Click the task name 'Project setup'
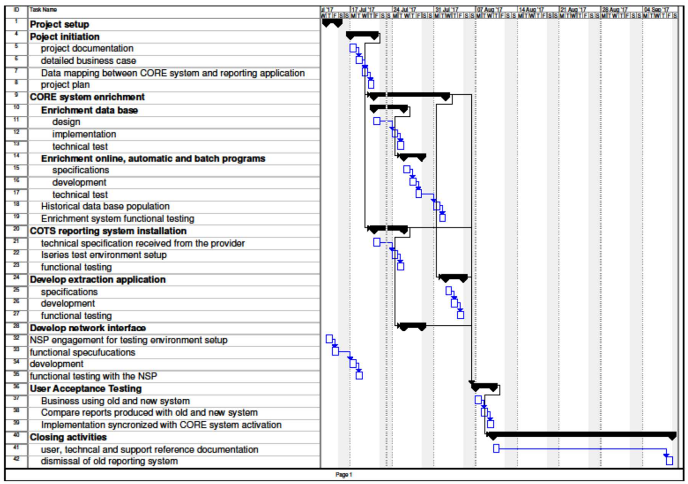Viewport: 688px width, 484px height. click(x=59, y=25)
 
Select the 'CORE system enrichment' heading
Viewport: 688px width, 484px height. click(x=87, y=97)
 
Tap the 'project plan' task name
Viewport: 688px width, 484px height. click(x=65, y=85)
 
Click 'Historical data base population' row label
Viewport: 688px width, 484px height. click(x=105, y=207)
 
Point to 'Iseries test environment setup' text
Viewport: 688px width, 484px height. click(x=104, y=255)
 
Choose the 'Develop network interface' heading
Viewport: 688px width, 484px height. click(x=87, y=328)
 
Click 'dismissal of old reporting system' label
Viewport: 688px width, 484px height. click(x=109, y=462)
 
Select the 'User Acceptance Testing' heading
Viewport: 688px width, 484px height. click(x=86, y=389)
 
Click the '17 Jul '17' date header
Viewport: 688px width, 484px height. click(x=363, y=10)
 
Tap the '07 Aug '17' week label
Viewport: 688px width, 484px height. click(x=489, y=10)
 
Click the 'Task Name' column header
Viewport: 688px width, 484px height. click(x=43, y=10)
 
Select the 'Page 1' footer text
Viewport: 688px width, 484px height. click(x=344, y=475)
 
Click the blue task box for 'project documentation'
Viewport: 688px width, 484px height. click(x=353, y=48)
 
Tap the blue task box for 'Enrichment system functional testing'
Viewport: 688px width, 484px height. click(x=443, y=218)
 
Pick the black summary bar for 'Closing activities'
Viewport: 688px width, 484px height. click(x=581, y=435)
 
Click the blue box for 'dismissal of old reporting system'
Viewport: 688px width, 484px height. click(x=669, y=461)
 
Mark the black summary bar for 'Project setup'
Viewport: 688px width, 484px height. click(x=332, y=22)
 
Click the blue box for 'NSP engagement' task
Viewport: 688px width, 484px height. click(x=329, y=339)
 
